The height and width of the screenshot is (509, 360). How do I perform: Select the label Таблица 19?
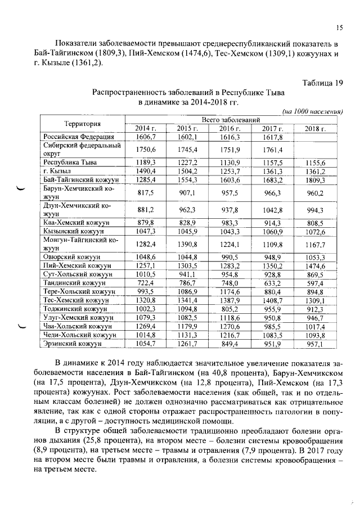click(322, 83)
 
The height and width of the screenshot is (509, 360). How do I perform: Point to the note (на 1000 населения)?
click(312, 111)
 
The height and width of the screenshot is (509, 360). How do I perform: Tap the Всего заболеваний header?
click(231, 120)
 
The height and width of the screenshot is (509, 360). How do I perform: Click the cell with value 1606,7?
click(145, 137)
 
